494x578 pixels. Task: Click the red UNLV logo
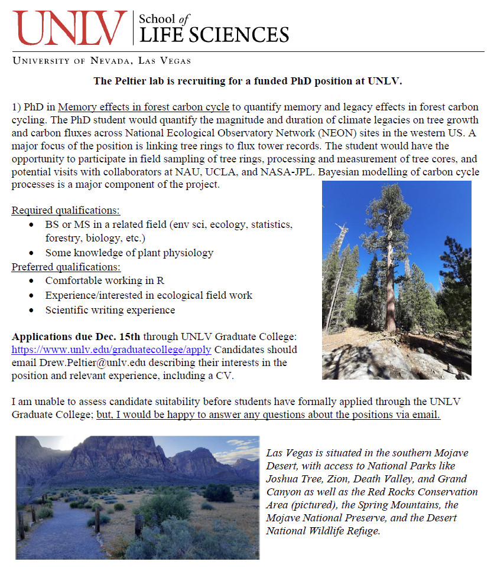(70, 28)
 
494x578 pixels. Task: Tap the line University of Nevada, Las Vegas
(102, 60)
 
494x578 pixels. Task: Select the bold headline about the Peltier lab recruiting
(248, 80)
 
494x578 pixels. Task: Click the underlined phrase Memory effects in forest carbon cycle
(144, 107)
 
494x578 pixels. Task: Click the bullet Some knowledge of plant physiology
(129, 252)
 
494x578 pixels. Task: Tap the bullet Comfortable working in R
(105, 280)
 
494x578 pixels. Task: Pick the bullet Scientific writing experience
(110, 309)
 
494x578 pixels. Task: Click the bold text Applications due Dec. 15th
(76, 337)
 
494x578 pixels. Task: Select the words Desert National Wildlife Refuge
(323, 531)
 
